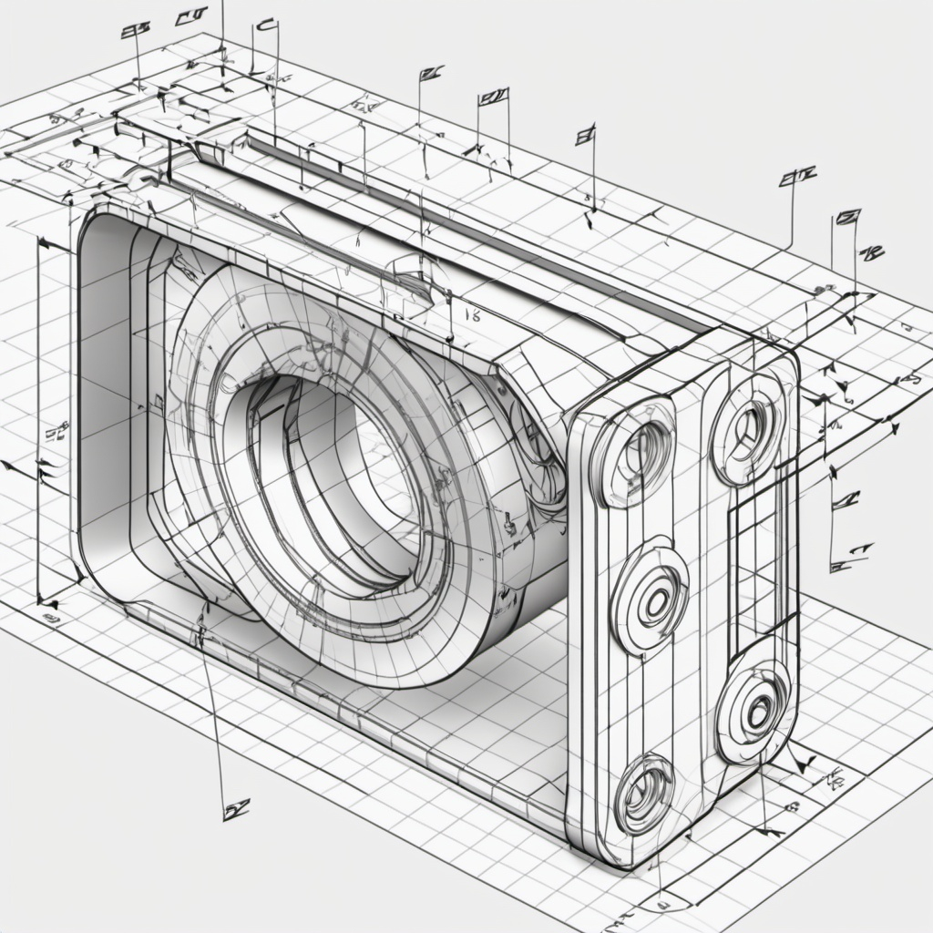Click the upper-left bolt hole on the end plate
point(643,450)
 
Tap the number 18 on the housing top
point(472,314)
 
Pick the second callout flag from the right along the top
point(796,177)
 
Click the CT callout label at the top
point(190,15)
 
